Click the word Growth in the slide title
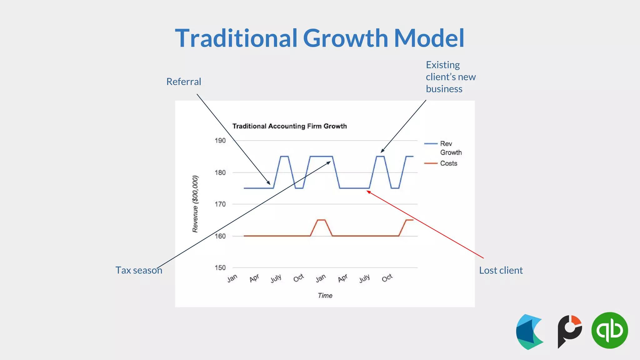(345, 38)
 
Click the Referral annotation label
(184, 82)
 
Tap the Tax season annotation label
(139, 270)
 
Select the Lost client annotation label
(501, 270)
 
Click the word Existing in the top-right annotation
(443, 65)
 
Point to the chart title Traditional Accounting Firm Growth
(289, 126)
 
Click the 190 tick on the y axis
(220, 141)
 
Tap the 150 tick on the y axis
(220, 267)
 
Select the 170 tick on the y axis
(220, 204)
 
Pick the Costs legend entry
(448, 163)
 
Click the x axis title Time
(325, 295)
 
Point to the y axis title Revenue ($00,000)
(195, 204)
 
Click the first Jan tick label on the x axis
(232, 278)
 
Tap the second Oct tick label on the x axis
(387, 278)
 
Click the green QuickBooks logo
(609, 330)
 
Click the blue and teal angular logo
(529, 332)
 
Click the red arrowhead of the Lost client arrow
(369, 192)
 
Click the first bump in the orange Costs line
(322, 220)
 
